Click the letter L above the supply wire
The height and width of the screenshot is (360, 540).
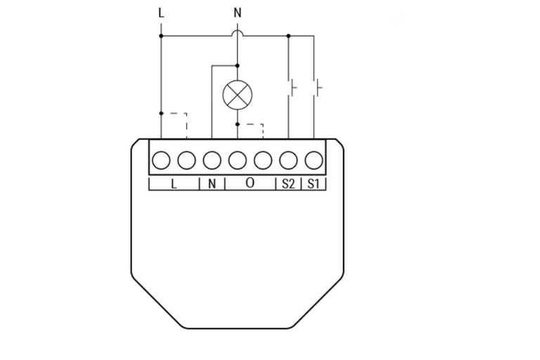161,13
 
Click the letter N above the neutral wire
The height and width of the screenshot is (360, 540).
237,13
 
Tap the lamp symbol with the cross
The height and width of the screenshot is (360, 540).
237,95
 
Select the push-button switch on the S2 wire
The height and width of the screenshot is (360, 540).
292,87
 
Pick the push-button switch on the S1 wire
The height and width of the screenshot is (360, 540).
318,87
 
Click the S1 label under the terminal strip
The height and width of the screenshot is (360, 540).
313,184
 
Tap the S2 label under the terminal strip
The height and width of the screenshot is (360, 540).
288,184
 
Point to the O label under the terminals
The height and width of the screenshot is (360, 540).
250,183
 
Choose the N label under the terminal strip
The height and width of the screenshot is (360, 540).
212,184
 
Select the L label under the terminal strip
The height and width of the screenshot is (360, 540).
174,184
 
